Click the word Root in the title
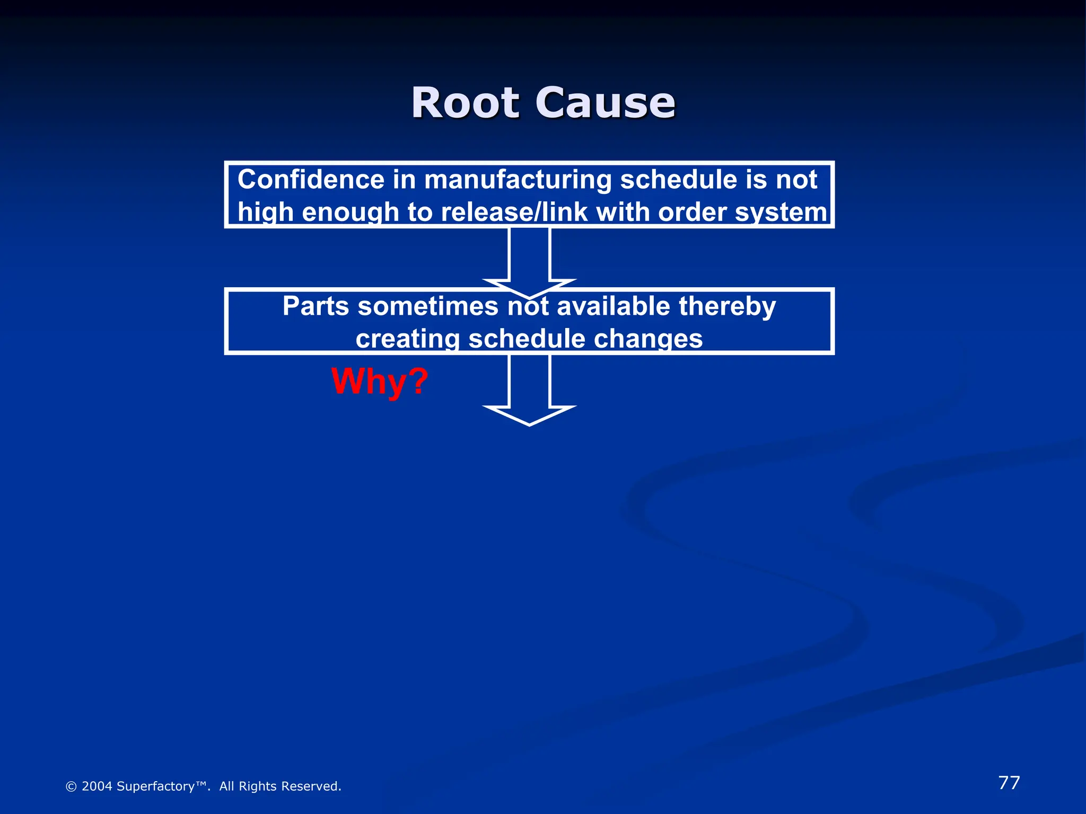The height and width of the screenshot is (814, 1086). coord(465,103)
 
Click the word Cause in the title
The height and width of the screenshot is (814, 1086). coord(605,103)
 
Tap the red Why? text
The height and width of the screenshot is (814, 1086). coord(380,381)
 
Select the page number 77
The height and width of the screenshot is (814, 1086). coord(1009,783)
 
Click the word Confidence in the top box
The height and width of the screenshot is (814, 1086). coord(311,180)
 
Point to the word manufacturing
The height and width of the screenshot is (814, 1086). coord(518,180)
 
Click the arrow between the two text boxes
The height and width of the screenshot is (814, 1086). coord(529,260)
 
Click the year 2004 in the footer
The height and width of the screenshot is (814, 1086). coord(97,786)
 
